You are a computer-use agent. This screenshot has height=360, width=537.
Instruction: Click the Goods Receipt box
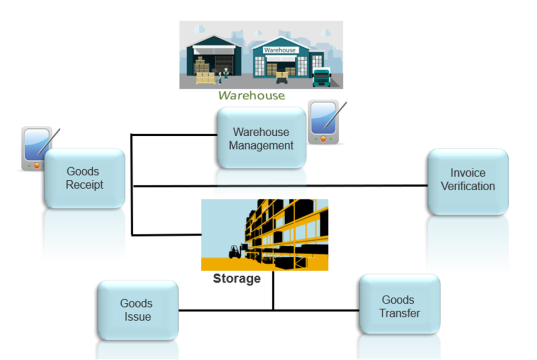click(84, 178)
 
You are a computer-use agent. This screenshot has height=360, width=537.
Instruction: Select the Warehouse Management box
click(261, 138)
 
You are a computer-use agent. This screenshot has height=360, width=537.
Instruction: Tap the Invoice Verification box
click(468, 180)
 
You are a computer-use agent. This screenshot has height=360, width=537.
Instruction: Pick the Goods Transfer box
click(400, 307)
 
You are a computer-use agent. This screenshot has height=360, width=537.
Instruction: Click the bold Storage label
click(237, 279)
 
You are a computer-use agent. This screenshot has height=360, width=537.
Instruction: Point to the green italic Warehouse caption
click(252, 95)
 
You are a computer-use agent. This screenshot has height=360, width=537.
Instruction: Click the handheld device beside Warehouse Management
click(323, 122)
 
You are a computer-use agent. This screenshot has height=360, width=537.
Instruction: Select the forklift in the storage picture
click(235, 252)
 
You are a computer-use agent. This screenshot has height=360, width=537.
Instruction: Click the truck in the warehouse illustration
click(321, 78)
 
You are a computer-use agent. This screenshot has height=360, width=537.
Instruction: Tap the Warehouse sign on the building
click(280, 50)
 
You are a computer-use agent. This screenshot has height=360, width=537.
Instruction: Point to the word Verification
click(468, 186)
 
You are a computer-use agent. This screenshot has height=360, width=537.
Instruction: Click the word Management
click(261, 145)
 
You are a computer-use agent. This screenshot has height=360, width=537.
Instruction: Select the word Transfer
click(400, 313)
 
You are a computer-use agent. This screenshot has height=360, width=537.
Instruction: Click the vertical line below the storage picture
click(273, 291)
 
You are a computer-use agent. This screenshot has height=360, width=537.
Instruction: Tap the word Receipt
click(84, 185)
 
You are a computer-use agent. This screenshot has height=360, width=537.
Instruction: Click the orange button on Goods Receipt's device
click(37, 165)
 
